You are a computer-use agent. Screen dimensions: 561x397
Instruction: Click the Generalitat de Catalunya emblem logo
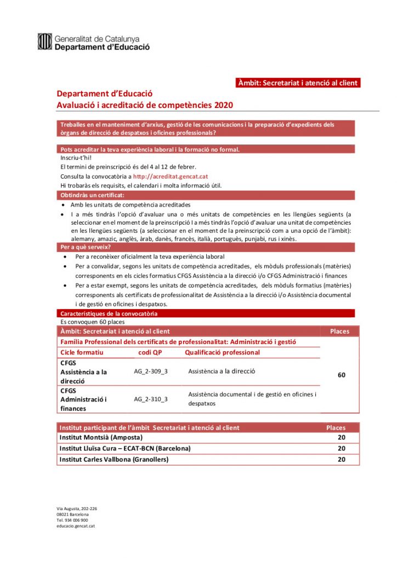[x=44, y=42]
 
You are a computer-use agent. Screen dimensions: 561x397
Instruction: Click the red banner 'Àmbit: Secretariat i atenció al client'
[x=298, y=83]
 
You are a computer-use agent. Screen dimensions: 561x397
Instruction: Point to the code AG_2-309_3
[x=151, y=371]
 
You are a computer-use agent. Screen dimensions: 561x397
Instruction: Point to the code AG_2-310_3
[x=151, y=399]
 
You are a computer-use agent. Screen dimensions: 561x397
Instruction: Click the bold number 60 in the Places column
[x=341, y=375]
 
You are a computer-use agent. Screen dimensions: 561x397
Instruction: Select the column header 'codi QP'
[x=150, y=352]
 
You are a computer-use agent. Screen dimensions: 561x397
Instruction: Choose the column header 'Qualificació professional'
[x=222, y=352]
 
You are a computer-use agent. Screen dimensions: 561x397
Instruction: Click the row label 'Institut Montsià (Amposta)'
[x=101, y=437]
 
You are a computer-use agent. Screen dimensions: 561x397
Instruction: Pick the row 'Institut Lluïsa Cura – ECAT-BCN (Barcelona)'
[x=125, y=448]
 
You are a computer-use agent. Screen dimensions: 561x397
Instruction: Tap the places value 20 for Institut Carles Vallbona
[x=341, y=459]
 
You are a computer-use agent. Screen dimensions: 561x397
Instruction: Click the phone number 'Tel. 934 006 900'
[x=72, y=520]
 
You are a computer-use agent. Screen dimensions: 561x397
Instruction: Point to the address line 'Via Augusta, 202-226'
[x=76, y=508]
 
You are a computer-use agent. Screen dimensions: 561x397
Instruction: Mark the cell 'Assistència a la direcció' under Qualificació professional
[x=222, y=371]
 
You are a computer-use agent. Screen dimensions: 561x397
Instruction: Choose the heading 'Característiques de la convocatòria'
[x=109, y=314]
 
